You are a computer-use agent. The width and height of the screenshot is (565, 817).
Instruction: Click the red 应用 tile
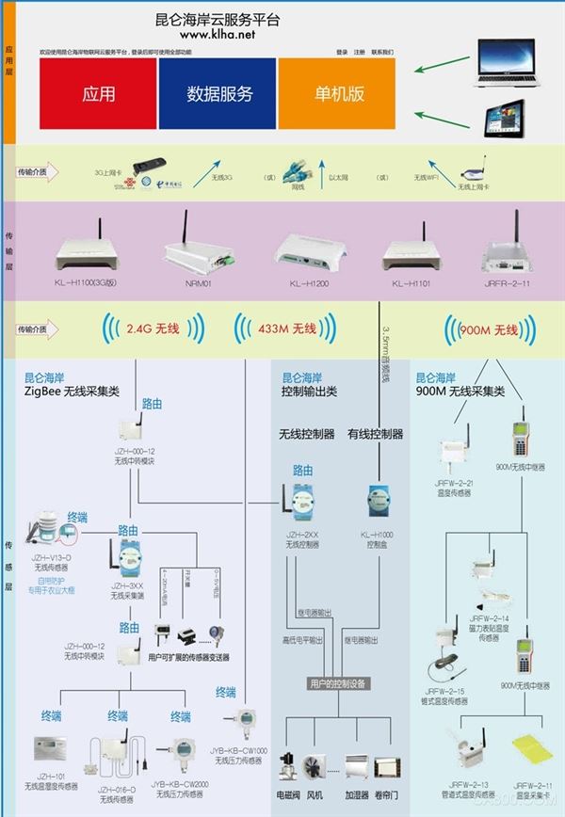[x=98, y=93]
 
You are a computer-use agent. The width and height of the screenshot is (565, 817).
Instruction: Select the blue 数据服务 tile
[x=218, y=93]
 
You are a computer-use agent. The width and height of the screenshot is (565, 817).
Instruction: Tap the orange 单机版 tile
[x=336, y=93]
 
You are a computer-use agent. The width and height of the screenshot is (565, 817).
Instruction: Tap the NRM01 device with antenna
[x=196, y=247]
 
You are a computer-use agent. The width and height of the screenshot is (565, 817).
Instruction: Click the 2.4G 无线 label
[x=153, y=329]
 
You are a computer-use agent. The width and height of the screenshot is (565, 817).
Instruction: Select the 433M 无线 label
[x=291, y=329]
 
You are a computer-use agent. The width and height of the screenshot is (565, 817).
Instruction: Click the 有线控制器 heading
[x=375, y=434]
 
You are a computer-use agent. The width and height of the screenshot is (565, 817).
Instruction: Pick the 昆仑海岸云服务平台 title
[x=218, y=19]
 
